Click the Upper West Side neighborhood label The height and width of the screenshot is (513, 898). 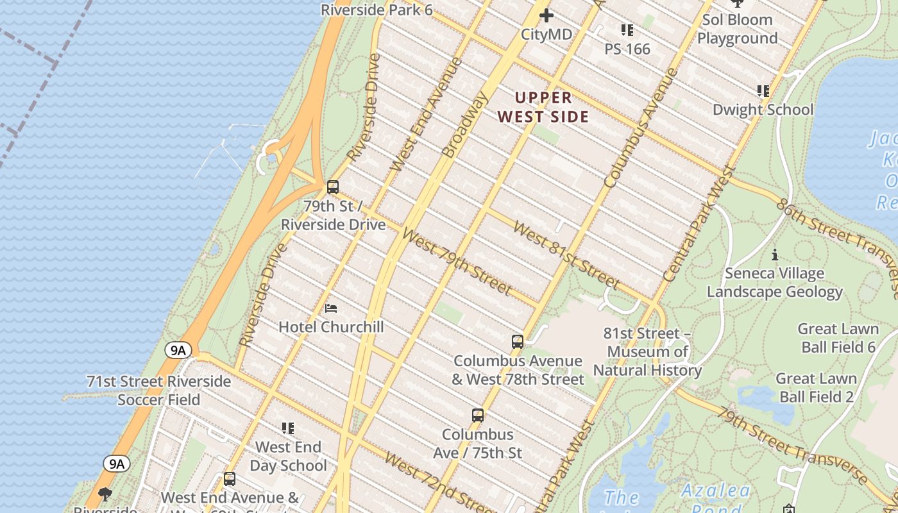click(543, 107)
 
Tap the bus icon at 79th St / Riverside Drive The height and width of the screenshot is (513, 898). click(332, 187)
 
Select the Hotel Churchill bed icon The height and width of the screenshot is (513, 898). click(331, 308)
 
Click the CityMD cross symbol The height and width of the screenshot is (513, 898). click(546, 15)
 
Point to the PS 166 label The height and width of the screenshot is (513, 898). click(627, 49)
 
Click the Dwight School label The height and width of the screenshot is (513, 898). click(763, 110)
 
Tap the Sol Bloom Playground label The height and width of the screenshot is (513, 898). click(737, 29)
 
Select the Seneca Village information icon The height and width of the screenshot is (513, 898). click(775, 255)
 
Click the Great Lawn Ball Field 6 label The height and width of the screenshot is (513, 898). click(838, 338)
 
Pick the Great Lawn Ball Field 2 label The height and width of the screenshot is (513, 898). click(816, 387)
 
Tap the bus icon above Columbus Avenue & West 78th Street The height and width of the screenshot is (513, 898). click(518, 342)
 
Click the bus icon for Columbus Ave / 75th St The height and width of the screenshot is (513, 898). click(477, 416)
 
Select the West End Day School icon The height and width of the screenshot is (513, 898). click(288, 428)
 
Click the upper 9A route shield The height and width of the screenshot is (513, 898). click(178, 350)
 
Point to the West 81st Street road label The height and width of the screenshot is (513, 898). click(566, 256)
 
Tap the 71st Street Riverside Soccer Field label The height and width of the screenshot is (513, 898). click(158, 391)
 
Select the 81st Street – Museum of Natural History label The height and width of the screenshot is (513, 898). click(647, 352)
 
